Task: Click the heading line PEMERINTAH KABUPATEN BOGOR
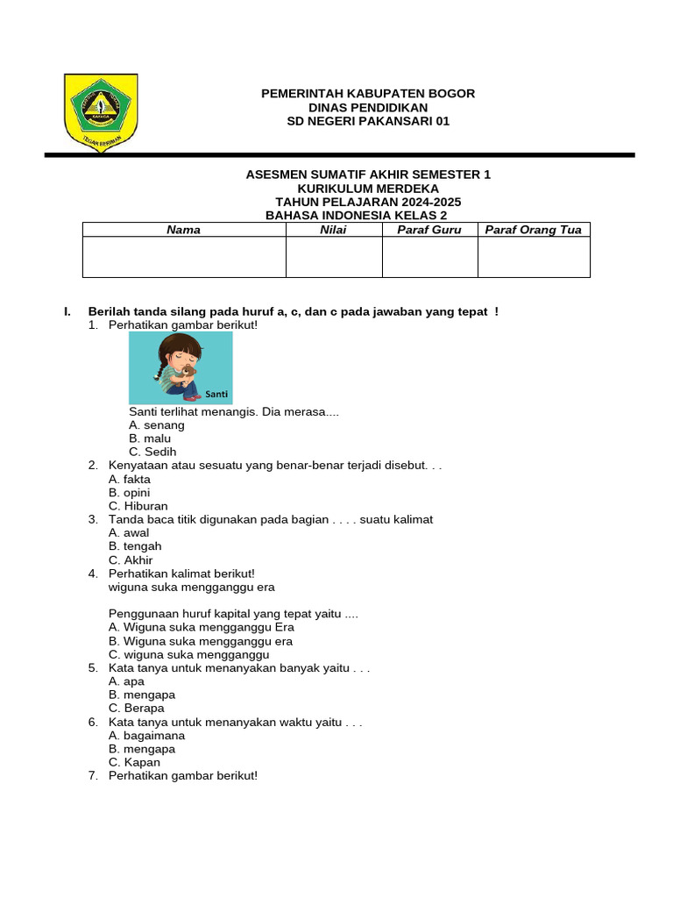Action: [x=368, y=94]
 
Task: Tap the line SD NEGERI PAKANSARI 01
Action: [x=368, y=121]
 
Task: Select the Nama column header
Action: [x=184, y=230]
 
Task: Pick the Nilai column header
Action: [x=334, y=230]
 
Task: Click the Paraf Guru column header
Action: [x=429, y=230]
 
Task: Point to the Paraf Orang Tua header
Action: [x=533, y=230]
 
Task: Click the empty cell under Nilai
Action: [x=334, y=257]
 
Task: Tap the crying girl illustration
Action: [x=181, y=367]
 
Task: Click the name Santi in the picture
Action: [x=214, y=394]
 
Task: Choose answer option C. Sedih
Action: [x=146, y=452]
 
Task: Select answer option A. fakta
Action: [x=130, y=480]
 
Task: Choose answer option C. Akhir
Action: [x=131, y=560]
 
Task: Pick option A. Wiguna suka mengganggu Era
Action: [x=202, y=627]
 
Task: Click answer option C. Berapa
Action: [x=136, y=709]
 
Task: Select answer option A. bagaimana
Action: [x=146, y=736]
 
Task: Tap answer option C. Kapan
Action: [x=134, y=763]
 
